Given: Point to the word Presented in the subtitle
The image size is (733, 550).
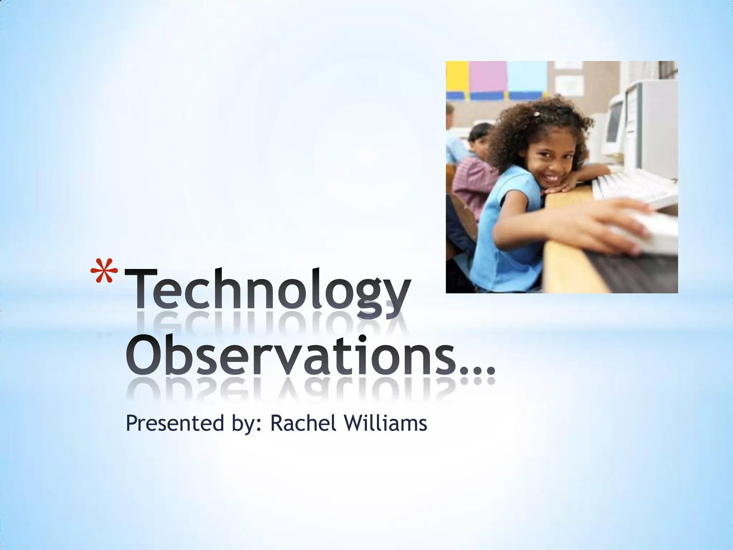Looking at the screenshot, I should pos(174,424).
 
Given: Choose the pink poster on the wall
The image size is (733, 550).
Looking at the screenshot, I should pos(487,77).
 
